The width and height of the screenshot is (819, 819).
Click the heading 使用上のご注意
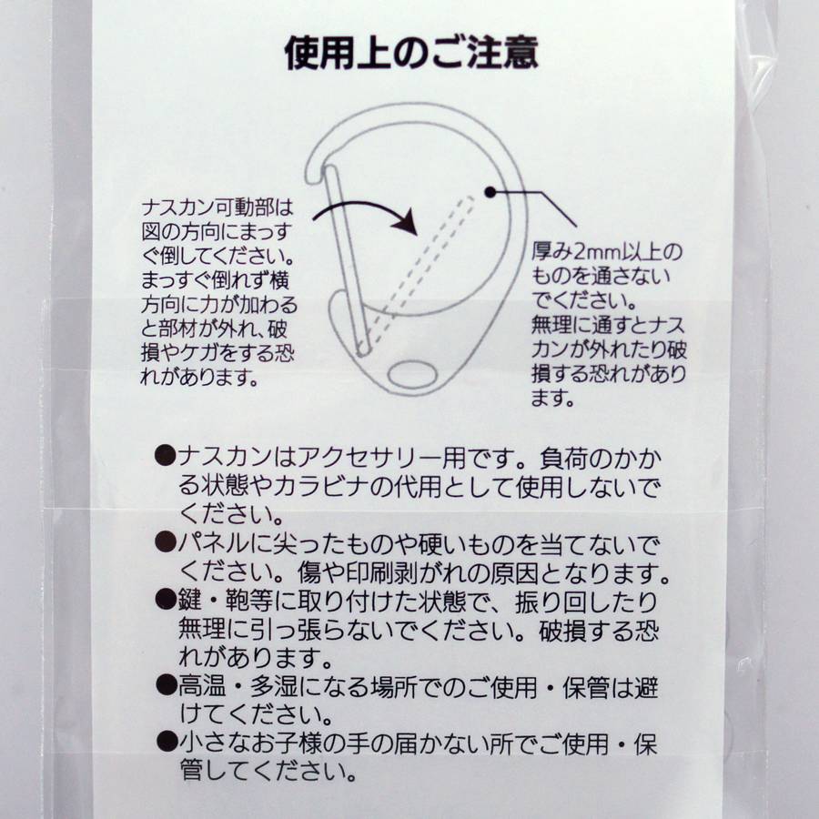click(x=411, y=53)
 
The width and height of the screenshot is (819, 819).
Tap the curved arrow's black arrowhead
click(x=406, y=223)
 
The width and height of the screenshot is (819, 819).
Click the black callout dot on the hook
click(x=490, y=192)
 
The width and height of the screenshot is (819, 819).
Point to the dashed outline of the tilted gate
click(x=418, y=274)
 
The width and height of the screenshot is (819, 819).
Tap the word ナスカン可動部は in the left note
click(x=217, y=208)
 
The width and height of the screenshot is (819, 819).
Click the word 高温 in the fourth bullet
click(x=202, y=687)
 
